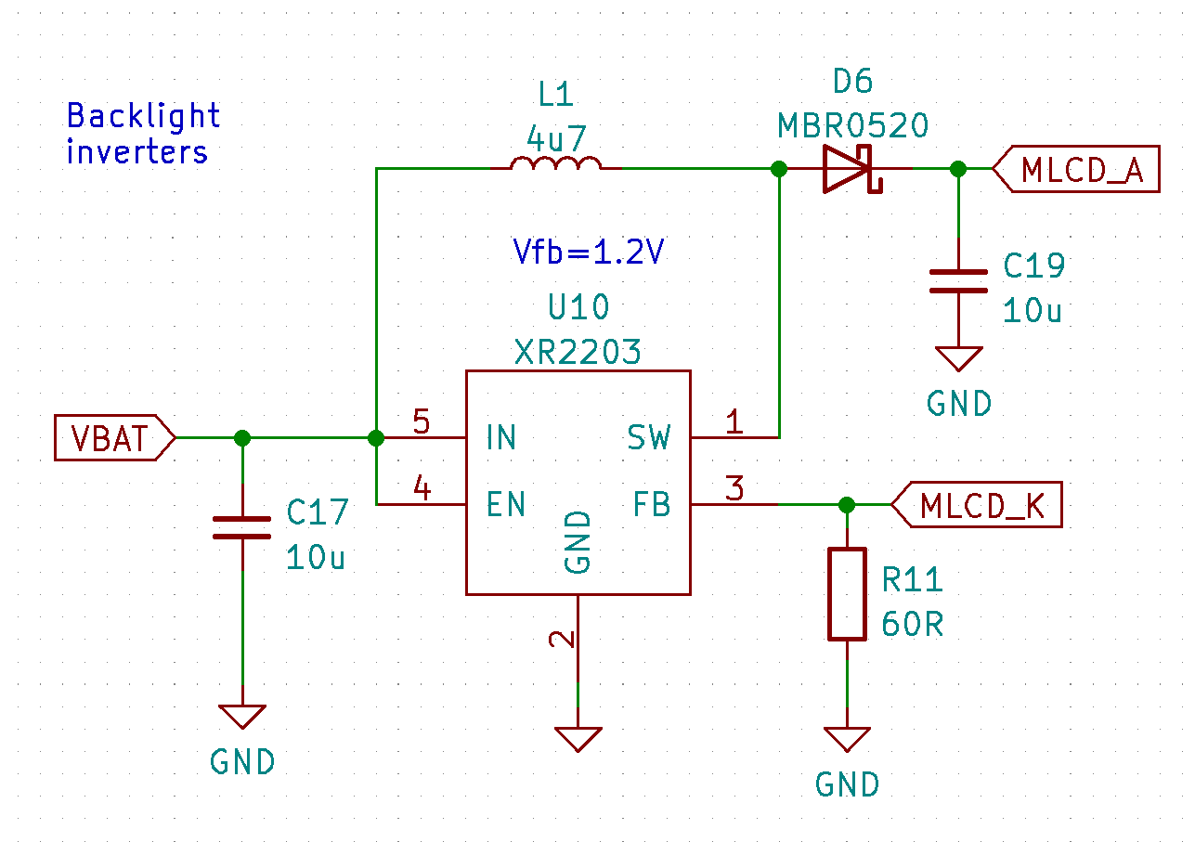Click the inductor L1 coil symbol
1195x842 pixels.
555,164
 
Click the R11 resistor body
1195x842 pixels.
847,593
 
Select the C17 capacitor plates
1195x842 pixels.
242,528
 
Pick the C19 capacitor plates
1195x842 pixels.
959,280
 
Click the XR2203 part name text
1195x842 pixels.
578,352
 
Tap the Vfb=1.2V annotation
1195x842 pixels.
589,253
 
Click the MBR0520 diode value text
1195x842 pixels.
852,125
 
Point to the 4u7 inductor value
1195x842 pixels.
556,139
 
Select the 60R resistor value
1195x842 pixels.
912,625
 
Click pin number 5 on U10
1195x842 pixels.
421,423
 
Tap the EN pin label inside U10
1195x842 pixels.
506,504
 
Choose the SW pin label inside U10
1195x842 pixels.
648,437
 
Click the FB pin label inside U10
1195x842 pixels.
651,504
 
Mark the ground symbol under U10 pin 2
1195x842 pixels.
578,738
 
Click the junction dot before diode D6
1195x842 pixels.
779,169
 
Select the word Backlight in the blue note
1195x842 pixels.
143,116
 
